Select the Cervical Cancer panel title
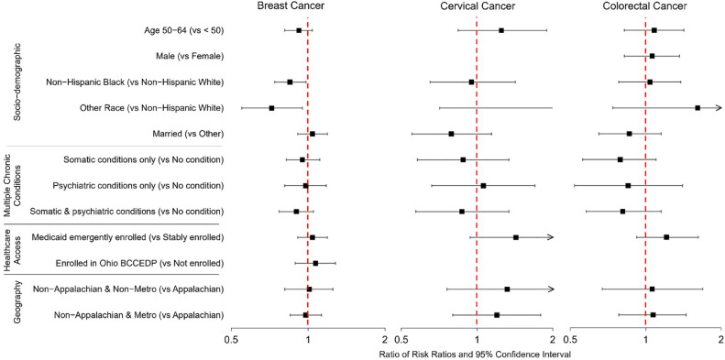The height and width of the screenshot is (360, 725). (477, 6)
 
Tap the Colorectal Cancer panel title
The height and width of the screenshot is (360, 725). (644, 6)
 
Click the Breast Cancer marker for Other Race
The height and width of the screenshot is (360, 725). (271, 108)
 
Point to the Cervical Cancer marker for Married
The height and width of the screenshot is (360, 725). (451, 134)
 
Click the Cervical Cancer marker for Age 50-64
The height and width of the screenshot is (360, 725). (501, 30)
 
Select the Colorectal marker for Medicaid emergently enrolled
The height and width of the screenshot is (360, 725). (666, 237)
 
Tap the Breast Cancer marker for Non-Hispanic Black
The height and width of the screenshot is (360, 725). (290, 82)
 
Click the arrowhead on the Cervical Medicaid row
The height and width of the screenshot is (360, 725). (550, 237)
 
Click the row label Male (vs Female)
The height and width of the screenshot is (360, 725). (191, 57)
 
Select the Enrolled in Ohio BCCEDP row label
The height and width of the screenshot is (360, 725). (140, 264)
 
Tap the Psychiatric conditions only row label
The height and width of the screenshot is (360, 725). (138, 186)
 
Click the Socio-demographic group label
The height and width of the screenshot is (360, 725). (17, 82)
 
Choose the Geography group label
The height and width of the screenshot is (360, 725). (17, 302)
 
